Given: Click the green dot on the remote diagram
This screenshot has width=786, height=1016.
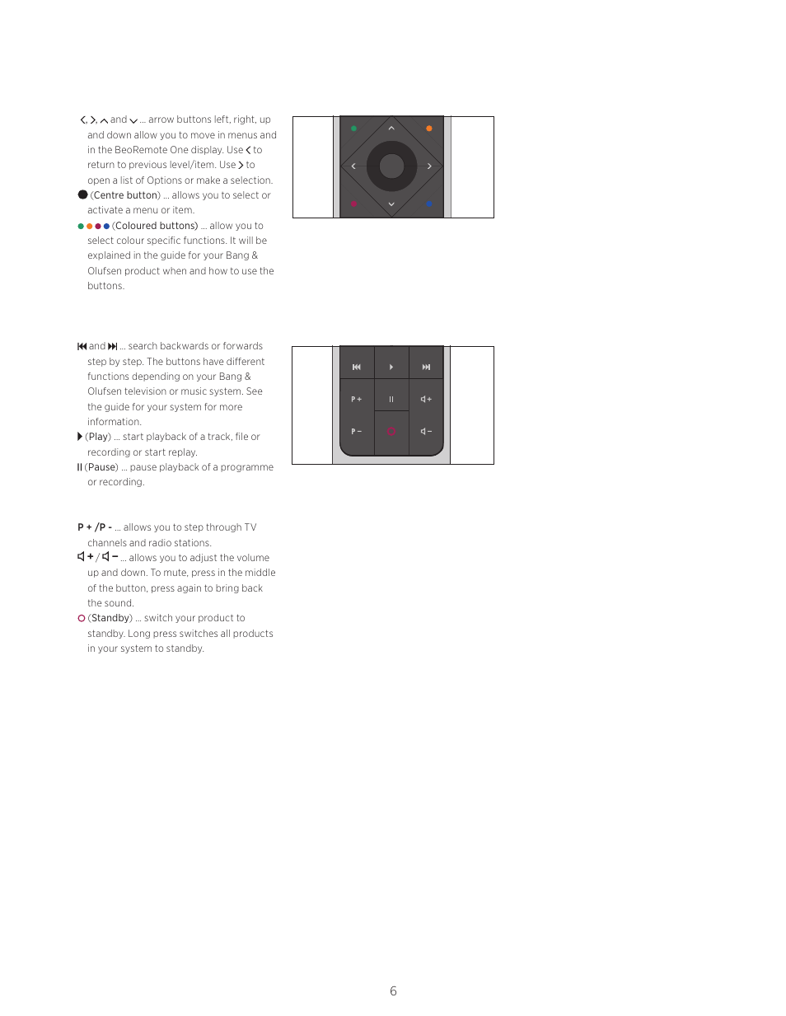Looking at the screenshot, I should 354,129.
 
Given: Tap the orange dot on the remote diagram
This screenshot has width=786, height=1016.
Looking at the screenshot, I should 428,129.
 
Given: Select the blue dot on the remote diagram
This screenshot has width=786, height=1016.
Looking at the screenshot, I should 428,204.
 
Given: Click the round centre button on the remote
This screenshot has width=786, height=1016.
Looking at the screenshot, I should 391,166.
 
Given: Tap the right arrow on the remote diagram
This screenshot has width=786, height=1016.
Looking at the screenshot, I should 429,166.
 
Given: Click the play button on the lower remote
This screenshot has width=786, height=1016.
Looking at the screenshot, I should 391,367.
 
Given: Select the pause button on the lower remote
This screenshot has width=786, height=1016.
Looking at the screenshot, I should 391,399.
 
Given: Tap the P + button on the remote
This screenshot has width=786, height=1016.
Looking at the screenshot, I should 357,399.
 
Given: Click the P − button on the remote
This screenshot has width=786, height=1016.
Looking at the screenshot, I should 357,431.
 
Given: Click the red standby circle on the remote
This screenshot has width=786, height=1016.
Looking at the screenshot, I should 391,431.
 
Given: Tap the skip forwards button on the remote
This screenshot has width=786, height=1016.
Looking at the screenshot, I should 426,367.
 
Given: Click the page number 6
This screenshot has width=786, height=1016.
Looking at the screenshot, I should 393,991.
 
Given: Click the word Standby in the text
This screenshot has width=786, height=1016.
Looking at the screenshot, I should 110,618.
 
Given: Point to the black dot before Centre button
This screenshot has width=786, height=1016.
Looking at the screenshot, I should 82,195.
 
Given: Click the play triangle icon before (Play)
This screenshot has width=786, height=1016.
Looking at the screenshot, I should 80,437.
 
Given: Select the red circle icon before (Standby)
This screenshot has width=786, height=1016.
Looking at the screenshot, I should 82,618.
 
